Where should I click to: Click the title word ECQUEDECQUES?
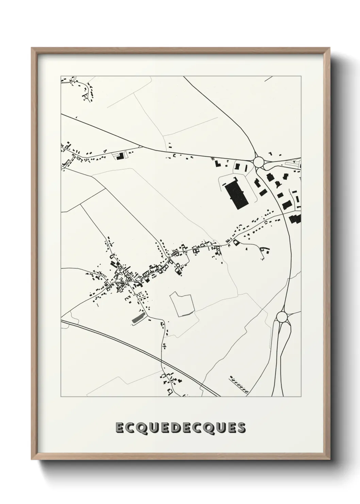click(x=180, y=428)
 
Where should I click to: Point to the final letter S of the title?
click(x=241, y=428)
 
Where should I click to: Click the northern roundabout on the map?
click(x=259, y=161)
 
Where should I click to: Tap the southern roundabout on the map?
click(x=282, y=317)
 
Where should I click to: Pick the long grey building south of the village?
click(x=138, y=318)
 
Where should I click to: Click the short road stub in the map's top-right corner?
click(x=269, y=79)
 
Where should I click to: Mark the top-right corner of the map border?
click(x=301, y=76)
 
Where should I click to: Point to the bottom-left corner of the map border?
click(x=61, y=397)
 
